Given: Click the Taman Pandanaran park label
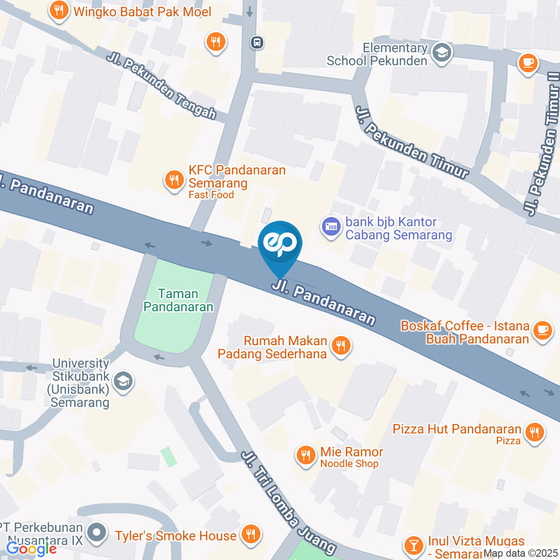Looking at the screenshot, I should click(178, 300).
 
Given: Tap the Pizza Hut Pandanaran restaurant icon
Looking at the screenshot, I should click(533, 432).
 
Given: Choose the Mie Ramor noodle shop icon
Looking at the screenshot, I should click(306, 456).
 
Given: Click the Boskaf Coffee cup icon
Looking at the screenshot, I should click(542, 330).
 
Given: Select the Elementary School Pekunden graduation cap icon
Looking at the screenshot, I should click(442, 54).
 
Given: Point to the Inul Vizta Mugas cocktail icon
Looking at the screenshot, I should click(414, 545).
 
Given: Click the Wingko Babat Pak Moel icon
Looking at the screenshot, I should click(58, 10).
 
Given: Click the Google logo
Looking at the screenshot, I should click(32, 548).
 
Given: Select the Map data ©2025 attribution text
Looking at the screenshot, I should click(521, 554).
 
